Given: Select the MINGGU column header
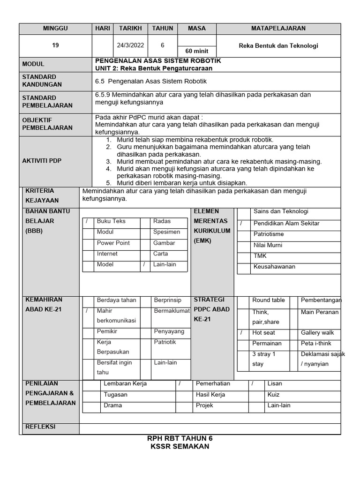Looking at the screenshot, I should pyautogui.click(x=55, y=29).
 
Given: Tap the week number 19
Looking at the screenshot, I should pyautogui.click(x=55, y=46).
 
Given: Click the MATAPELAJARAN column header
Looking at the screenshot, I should pyautogui.click(x=278, y=29).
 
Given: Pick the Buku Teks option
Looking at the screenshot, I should pyautogui.click(x=111, y=221).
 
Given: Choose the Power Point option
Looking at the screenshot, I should pyautogui.click(x=113, y=243).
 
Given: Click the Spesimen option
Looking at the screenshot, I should pyautogui.click(x=166, y=232).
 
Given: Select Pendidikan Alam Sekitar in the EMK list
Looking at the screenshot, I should pyautogui.click(x=286, y=223).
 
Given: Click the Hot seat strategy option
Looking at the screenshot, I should pyautogui.click(x=263, y=332).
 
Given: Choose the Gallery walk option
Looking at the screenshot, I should pyautogui.click(x=317, y=332).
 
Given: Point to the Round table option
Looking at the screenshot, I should pyautogui.click(x=268, y=300).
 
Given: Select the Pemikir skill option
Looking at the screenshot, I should pyautogui.click(x=107, y=331).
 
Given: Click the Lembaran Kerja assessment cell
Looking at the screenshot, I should pyautogui.click(x=125, y=383).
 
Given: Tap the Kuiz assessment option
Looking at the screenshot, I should pyautogui.click(x=273, y=395).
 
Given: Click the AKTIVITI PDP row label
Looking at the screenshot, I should pyautogui.click(x=42, y=161).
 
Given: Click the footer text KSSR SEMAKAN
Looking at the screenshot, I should pyautogui.click(x=180, y=446).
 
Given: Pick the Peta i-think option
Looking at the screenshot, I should pyautogui.click(x=316, y=343).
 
